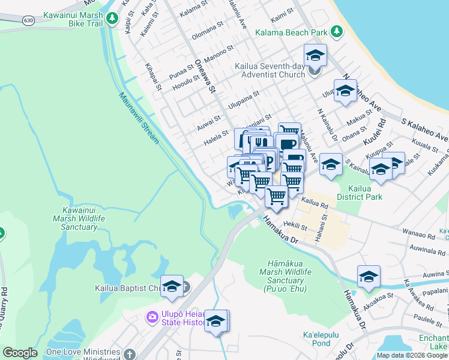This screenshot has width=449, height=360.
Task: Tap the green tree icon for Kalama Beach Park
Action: click(x=337, y=31)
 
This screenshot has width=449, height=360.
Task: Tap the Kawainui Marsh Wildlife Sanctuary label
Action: click(x=83, y=218)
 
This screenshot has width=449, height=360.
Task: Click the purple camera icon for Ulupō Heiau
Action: click(x=152, y=316)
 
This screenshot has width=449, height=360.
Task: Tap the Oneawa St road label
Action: click(x=204, y=76)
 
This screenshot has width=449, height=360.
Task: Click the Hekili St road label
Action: click(x=295, y=226)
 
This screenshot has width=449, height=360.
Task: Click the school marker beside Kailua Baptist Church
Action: click(x=172, y=286)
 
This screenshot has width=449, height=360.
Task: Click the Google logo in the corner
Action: click(x=20, y=353)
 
